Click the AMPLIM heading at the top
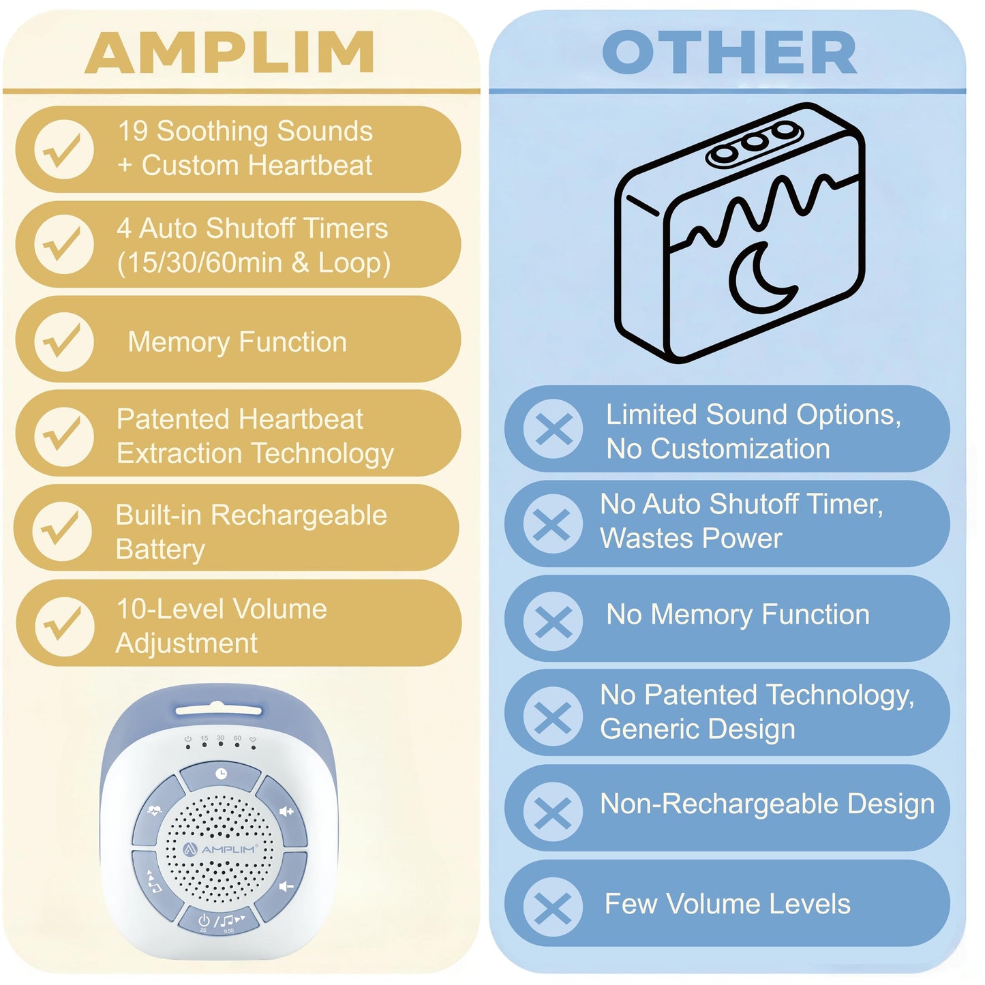click(230, 52)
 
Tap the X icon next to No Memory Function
click(553, 621)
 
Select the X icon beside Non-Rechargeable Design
click(553, 812)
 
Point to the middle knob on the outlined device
click(753, 142)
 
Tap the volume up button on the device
click(285, 811)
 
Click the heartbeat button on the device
click(155, 810)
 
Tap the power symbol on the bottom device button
click(203, 920)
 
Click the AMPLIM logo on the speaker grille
click(219, 849)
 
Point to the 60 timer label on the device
click(237, 738)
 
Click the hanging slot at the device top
click(218, 710)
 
